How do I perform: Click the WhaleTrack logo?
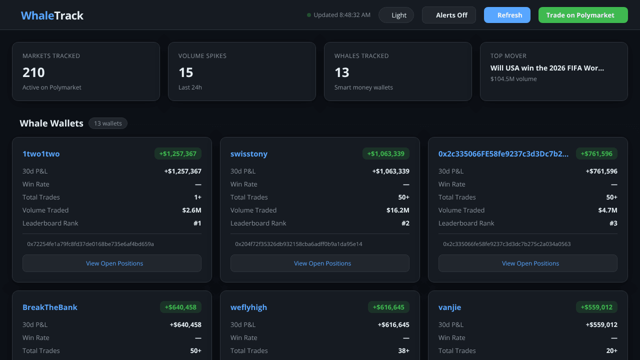click(52, 15)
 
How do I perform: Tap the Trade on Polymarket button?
click(583, 15)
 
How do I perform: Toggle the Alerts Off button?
click(449, 15)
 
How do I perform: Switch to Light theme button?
click(396, 15)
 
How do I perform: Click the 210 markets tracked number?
click(33, 72)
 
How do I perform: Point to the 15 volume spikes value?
click(185, 72)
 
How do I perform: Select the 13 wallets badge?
click(107, 123)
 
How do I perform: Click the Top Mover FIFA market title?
click(547, 68)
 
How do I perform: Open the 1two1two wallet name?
click(41, 153)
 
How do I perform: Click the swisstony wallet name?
click(249, 153)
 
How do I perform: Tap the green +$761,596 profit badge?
click(596, 153)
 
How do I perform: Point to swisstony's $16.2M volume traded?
click(397, 210)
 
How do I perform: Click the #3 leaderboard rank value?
click(613, 223)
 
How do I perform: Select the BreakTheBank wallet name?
click(49, 307)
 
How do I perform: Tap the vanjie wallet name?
click(449, 307)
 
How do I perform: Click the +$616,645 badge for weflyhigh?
click(388, 307)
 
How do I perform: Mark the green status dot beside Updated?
click(309, 15)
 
